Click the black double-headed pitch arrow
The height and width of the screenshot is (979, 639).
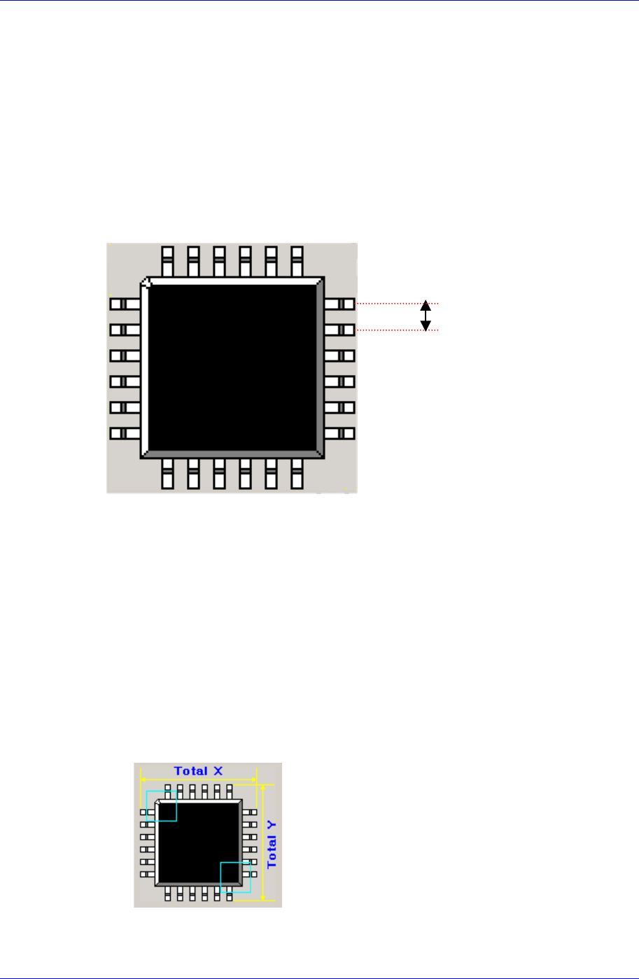click(x=426, y=316)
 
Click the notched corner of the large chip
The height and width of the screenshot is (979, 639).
click(x=146, y=282)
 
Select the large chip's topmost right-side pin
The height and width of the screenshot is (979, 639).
click(x=340, y=304)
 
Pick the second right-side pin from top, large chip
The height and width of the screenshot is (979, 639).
click(x=340, y=330)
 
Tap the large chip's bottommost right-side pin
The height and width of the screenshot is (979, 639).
click(x=340, y=433)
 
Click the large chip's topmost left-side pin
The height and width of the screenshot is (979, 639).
click(x=125, y=304)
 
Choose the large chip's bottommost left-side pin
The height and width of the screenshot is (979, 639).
click(x=125, y=433)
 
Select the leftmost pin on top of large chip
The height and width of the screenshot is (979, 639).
click(x=167, y=260)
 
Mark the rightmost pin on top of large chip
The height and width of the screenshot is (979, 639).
click(x=297, y=260)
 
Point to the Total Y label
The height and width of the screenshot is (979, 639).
click(x=272, y=843)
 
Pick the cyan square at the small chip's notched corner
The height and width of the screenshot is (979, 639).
click(x=162, y=805)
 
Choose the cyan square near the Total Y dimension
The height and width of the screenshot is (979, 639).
click(x=235, y=877)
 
